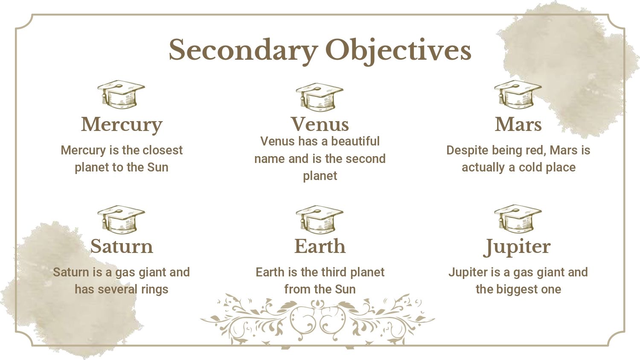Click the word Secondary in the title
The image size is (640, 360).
[244, 50]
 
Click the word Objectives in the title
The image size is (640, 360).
[398, 50]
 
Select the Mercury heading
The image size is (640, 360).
[122, 125]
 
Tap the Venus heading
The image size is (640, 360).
[320, 124]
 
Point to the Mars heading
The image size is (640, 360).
[518, 124]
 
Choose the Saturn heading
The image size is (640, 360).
[122, 246]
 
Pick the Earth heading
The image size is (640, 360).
[320, 246]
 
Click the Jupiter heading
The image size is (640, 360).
[517, 247]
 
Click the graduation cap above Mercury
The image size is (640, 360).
[121, 94]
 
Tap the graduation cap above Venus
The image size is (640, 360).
[320, 97]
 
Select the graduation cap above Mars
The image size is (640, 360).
[518, 94]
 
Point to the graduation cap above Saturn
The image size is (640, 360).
[121, 219]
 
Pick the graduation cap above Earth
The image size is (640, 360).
[320, 219]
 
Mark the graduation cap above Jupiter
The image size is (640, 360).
[518, 219]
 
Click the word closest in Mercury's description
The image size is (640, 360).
[163, 150]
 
